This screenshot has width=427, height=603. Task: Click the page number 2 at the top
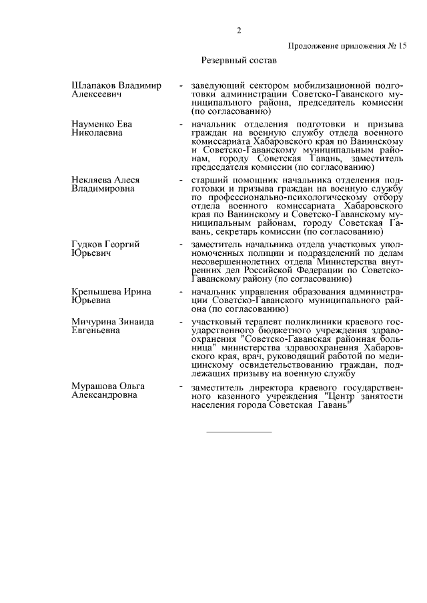(238, 30)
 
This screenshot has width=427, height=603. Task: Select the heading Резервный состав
(239, 61)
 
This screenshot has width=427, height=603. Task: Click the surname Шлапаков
(96, 87)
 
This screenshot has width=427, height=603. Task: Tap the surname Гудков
(87, 245)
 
